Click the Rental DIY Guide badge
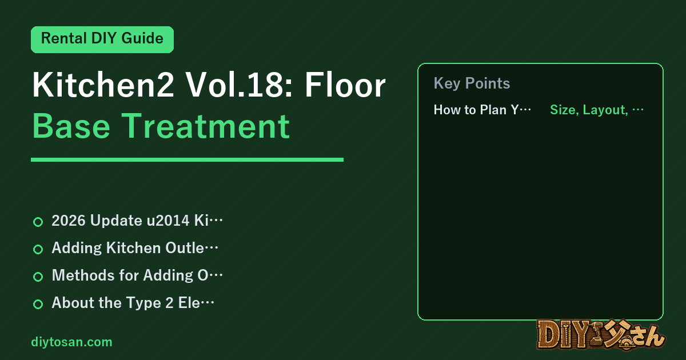pyautogui.click(x=102, y=39)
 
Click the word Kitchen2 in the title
pyautogui.click(x=103, y=85)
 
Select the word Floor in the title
pyautogui.click(x=345, y=85)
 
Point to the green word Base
pyautogui.click(x=71, y=126)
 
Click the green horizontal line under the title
pyautogui.click(x=187, y=159)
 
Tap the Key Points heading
pyautogui.click(x=472, y=83)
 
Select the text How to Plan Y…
pyautogui.click(x=482, y=110)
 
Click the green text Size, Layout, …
pyautogui.click(x=597, y=110)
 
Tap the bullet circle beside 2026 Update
pyautogui.click(x=38, y=222)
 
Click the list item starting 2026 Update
pyautogui.click(x=137, y=221)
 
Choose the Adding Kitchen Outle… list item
pyautogui.click(x=135, y=248)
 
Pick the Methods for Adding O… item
pyautogui.click(x=137, y=275)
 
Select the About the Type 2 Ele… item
pyautogui.click(x=133, y=303)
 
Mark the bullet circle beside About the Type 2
pyautogui.click(x=38, y=304)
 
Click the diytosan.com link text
pyautogui.click(x=71, y=342)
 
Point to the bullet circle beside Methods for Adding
pyautogui.click(x=38, y=277)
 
